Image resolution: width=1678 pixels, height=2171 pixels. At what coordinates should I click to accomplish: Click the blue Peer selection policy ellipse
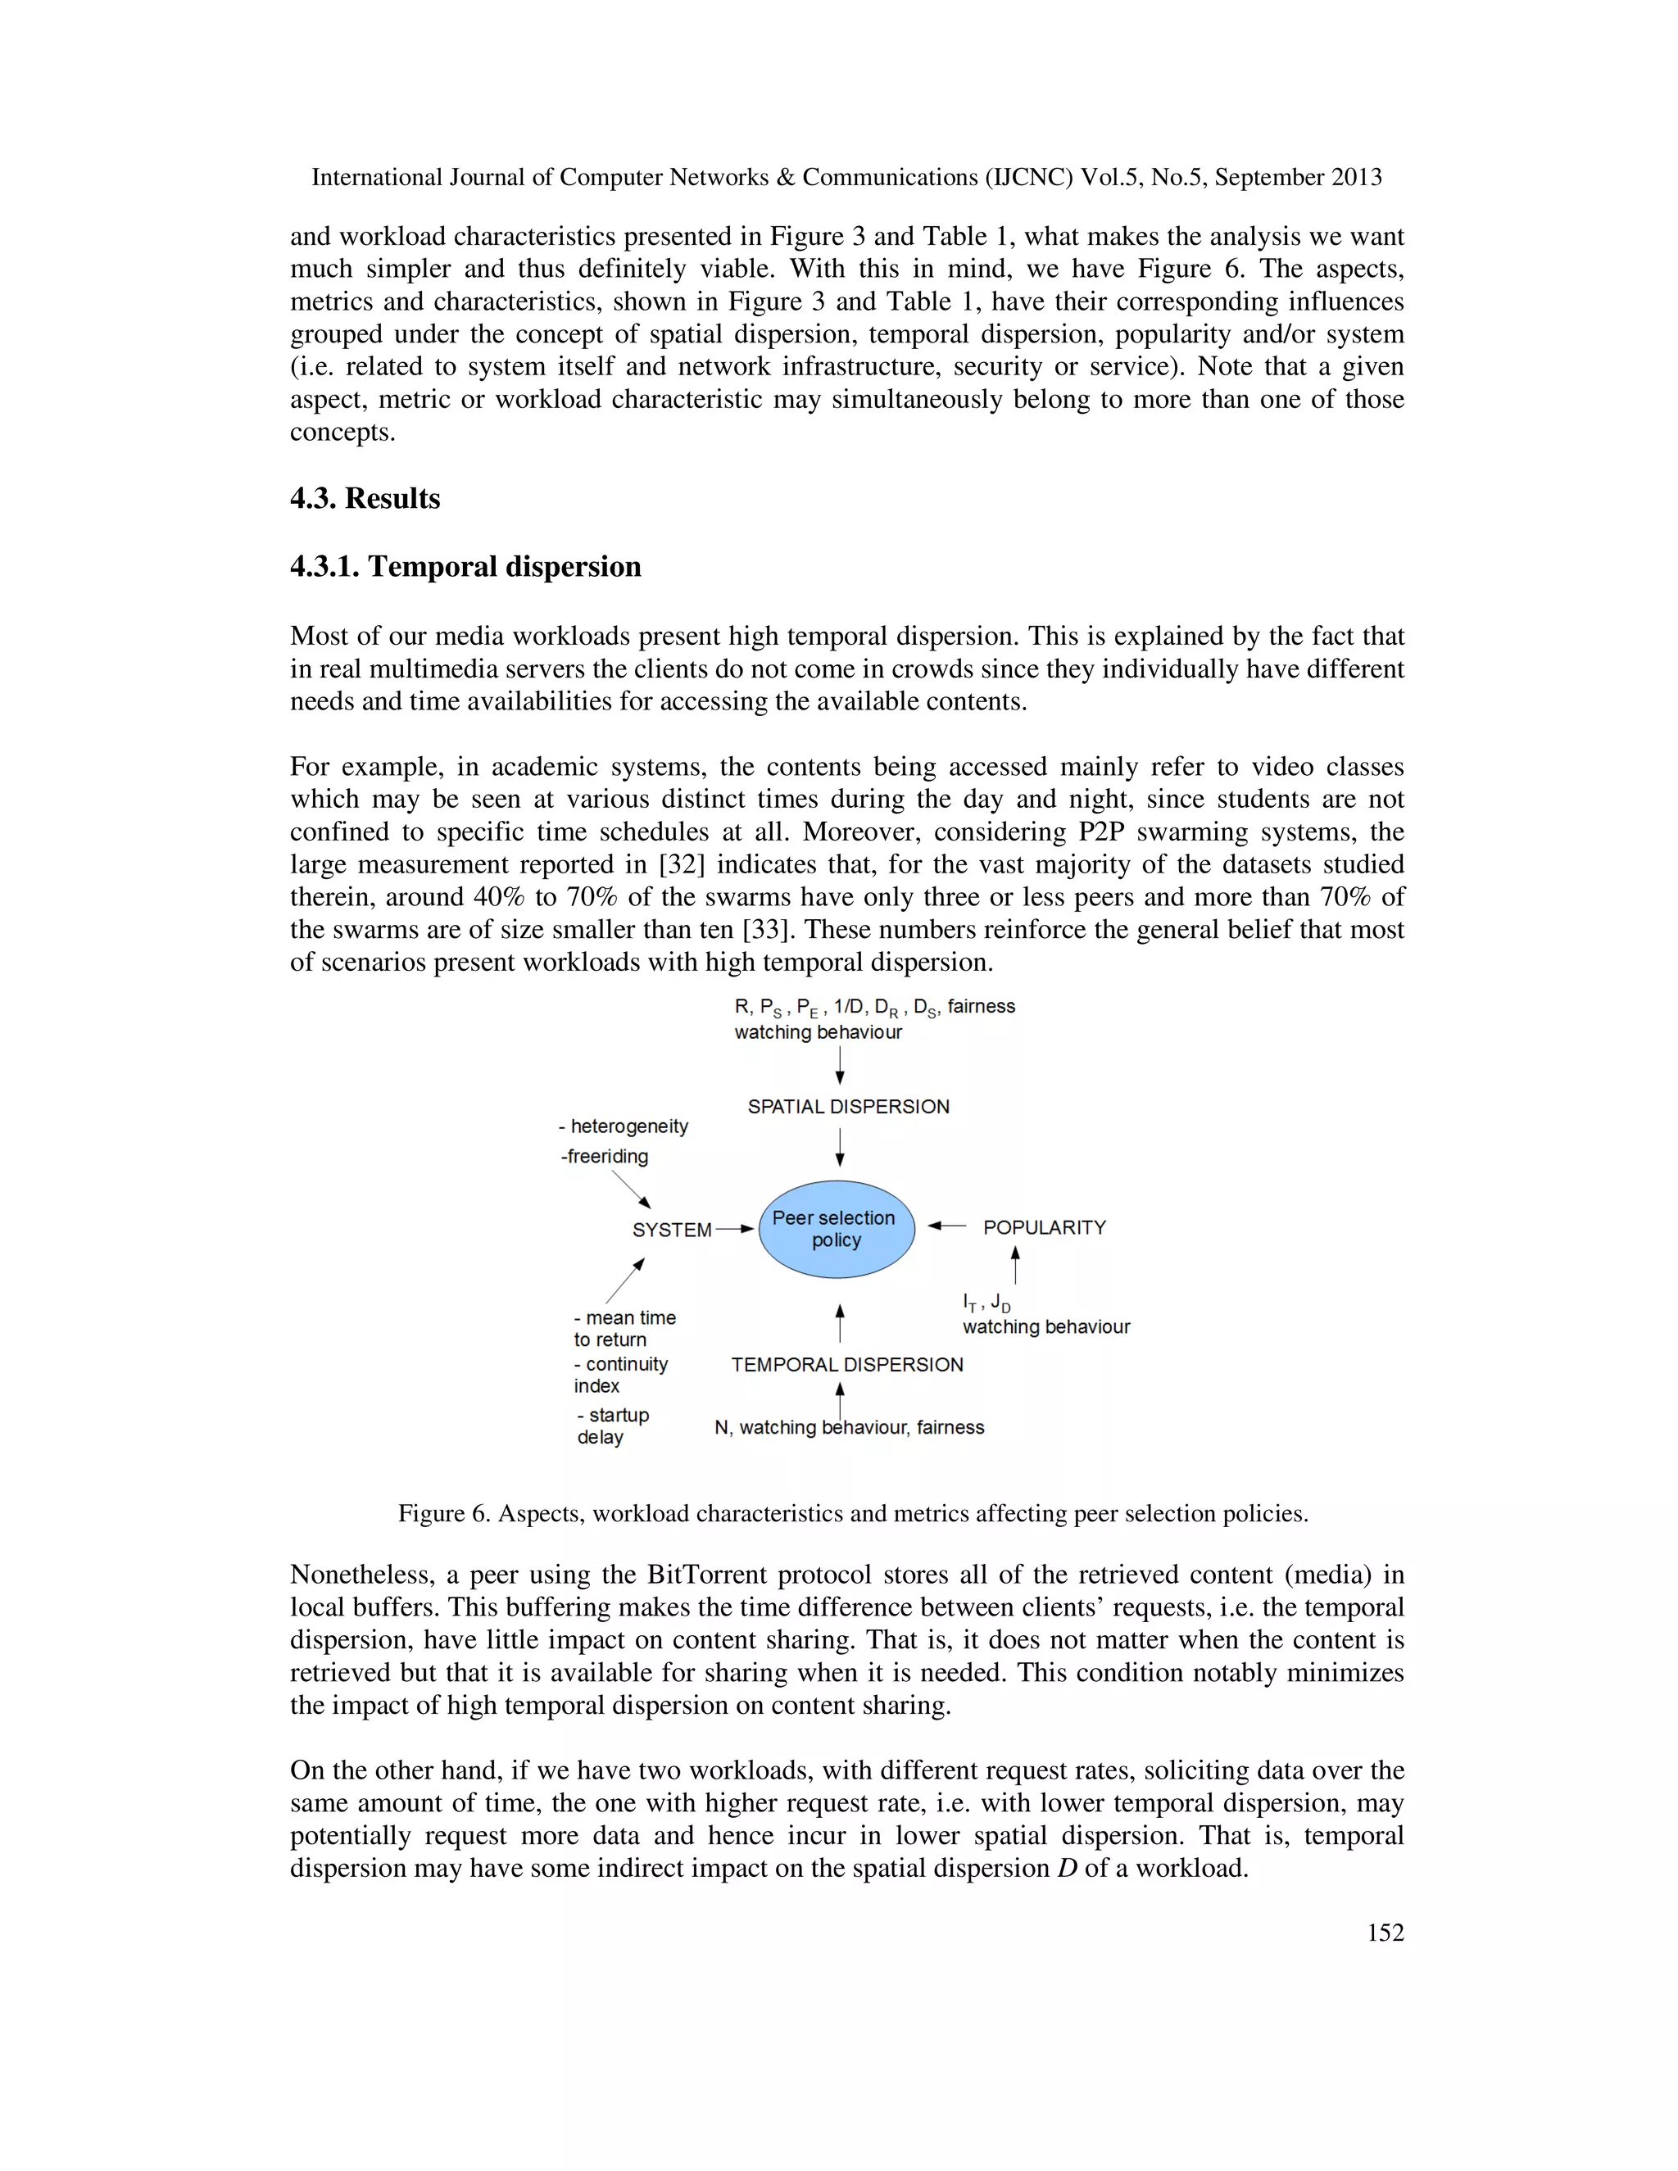[x=835, y=1229]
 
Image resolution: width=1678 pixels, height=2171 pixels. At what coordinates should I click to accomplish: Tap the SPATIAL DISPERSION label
[x=848, y=1106]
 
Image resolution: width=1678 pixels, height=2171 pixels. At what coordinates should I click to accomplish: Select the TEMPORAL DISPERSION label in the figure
[x=847, y=1365]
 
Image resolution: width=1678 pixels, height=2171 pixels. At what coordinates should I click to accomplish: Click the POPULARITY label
[x=1044, y=1228]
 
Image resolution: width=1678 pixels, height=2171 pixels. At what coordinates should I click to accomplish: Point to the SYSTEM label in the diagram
[x=672, y=1230]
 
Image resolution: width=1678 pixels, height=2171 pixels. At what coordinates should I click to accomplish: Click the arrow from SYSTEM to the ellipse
[x=736, y=1229]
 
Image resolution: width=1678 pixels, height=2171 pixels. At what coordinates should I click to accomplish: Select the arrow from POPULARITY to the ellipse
[x=946, y=1226]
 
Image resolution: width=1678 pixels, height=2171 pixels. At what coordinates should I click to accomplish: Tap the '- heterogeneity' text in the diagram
[x=624, y=1126]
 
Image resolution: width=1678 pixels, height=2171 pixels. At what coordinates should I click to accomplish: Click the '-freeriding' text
[x=605, y=1156]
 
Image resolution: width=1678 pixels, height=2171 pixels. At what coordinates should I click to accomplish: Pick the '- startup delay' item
[x=611, y=1425]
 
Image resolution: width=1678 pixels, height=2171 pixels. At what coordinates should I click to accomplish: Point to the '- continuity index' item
[x=619, y=1375]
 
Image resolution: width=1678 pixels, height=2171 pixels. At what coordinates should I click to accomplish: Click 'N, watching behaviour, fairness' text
[x=849, y=1427]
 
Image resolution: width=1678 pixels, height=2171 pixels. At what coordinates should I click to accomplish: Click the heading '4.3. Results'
[x=365, y=498]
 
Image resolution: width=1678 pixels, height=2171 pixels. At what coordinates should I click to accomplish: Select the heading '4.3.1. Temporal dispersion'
[x=465, y=567]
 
